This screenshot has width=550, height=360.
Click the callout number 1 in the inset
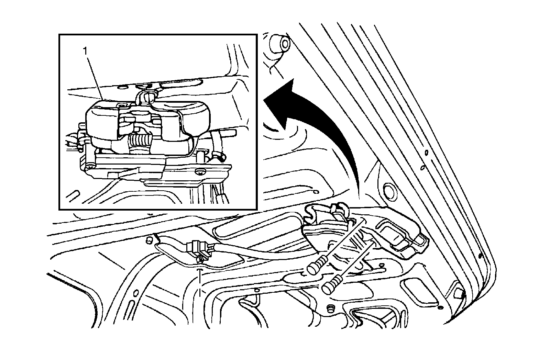pyautogui.click(x=84, y=51)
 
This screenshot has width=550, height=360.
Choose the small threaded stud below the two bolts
pyautogui.click(x=331, y=308)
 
